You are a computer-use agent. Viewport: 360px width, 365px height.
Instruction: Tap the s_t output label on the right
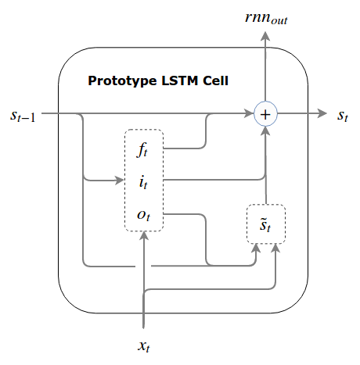click(342, 115)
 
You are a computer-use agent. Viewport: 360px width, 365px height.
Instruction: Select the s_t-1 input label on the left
click(21, 115)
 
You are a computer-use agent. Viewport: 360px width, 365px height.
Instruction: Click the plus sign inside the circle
click(266, 114)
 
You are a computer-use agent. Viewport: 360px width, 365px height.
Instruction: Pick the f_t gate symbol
click(144, 149)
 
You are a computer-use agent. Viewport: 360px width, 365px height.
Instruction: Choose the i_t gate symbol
click(143, 181)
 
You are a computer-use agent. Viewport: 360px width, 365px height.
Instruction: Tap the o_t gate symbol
click(143, 214)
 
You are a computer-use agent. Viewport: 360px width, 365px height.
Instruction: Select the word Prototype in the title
click(119, 81)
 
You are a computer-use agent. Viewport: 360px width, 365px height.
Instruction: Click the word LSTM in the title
click(177, 81)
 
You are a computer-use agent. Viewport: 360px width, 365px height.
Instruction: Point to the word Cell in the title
click(214, 81)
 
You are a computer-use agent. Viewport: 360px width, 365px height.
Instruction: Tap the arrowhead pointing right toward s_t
click(322, 114)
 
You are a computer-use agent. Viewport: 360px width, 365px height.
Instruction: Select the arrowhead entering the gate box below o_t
click(144, 237)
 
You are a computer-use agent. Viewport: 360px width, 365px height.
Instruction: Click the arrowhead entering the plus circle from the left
click(250, 114)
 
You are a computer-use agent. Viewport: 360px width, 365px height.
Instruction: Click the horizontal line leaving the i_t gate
click(211, 181)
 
